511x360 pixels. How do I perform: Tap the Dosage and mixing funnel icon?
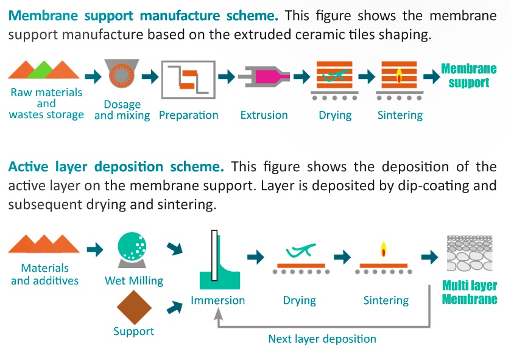[122, 73]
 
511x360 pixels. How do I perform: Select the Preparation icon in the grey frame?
[188, 80]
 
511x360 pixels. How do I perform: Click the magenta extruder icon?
[264, 77]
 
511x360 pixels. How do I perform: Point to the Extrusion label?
[264, 115]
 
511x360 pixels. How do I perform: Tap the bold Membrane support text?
[468, 76]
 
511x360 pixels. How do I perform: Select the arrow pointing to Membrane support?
[432, 77]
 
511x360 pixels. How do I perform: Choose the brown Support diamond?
[134, 308]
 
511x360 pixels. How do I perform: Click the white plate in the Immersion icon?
[214, 255]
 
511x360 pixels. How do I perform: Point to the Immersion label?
[217, 300]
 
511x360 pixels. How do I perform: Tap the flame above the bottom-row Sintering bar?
[384, 250]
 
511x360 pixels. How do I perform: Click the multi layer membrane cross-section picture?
[470, 253]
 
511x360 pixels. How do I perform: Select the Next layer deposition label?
[322, 339]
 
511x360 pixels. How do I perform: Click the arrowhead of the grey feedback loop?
[219, 314]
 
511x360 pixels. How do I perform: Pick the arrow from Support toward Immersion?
[175, 307]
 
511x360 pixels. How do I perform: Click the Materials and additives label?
[45, 274]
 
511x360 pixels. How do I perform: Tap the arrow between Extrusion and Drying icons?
[301, 77]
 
